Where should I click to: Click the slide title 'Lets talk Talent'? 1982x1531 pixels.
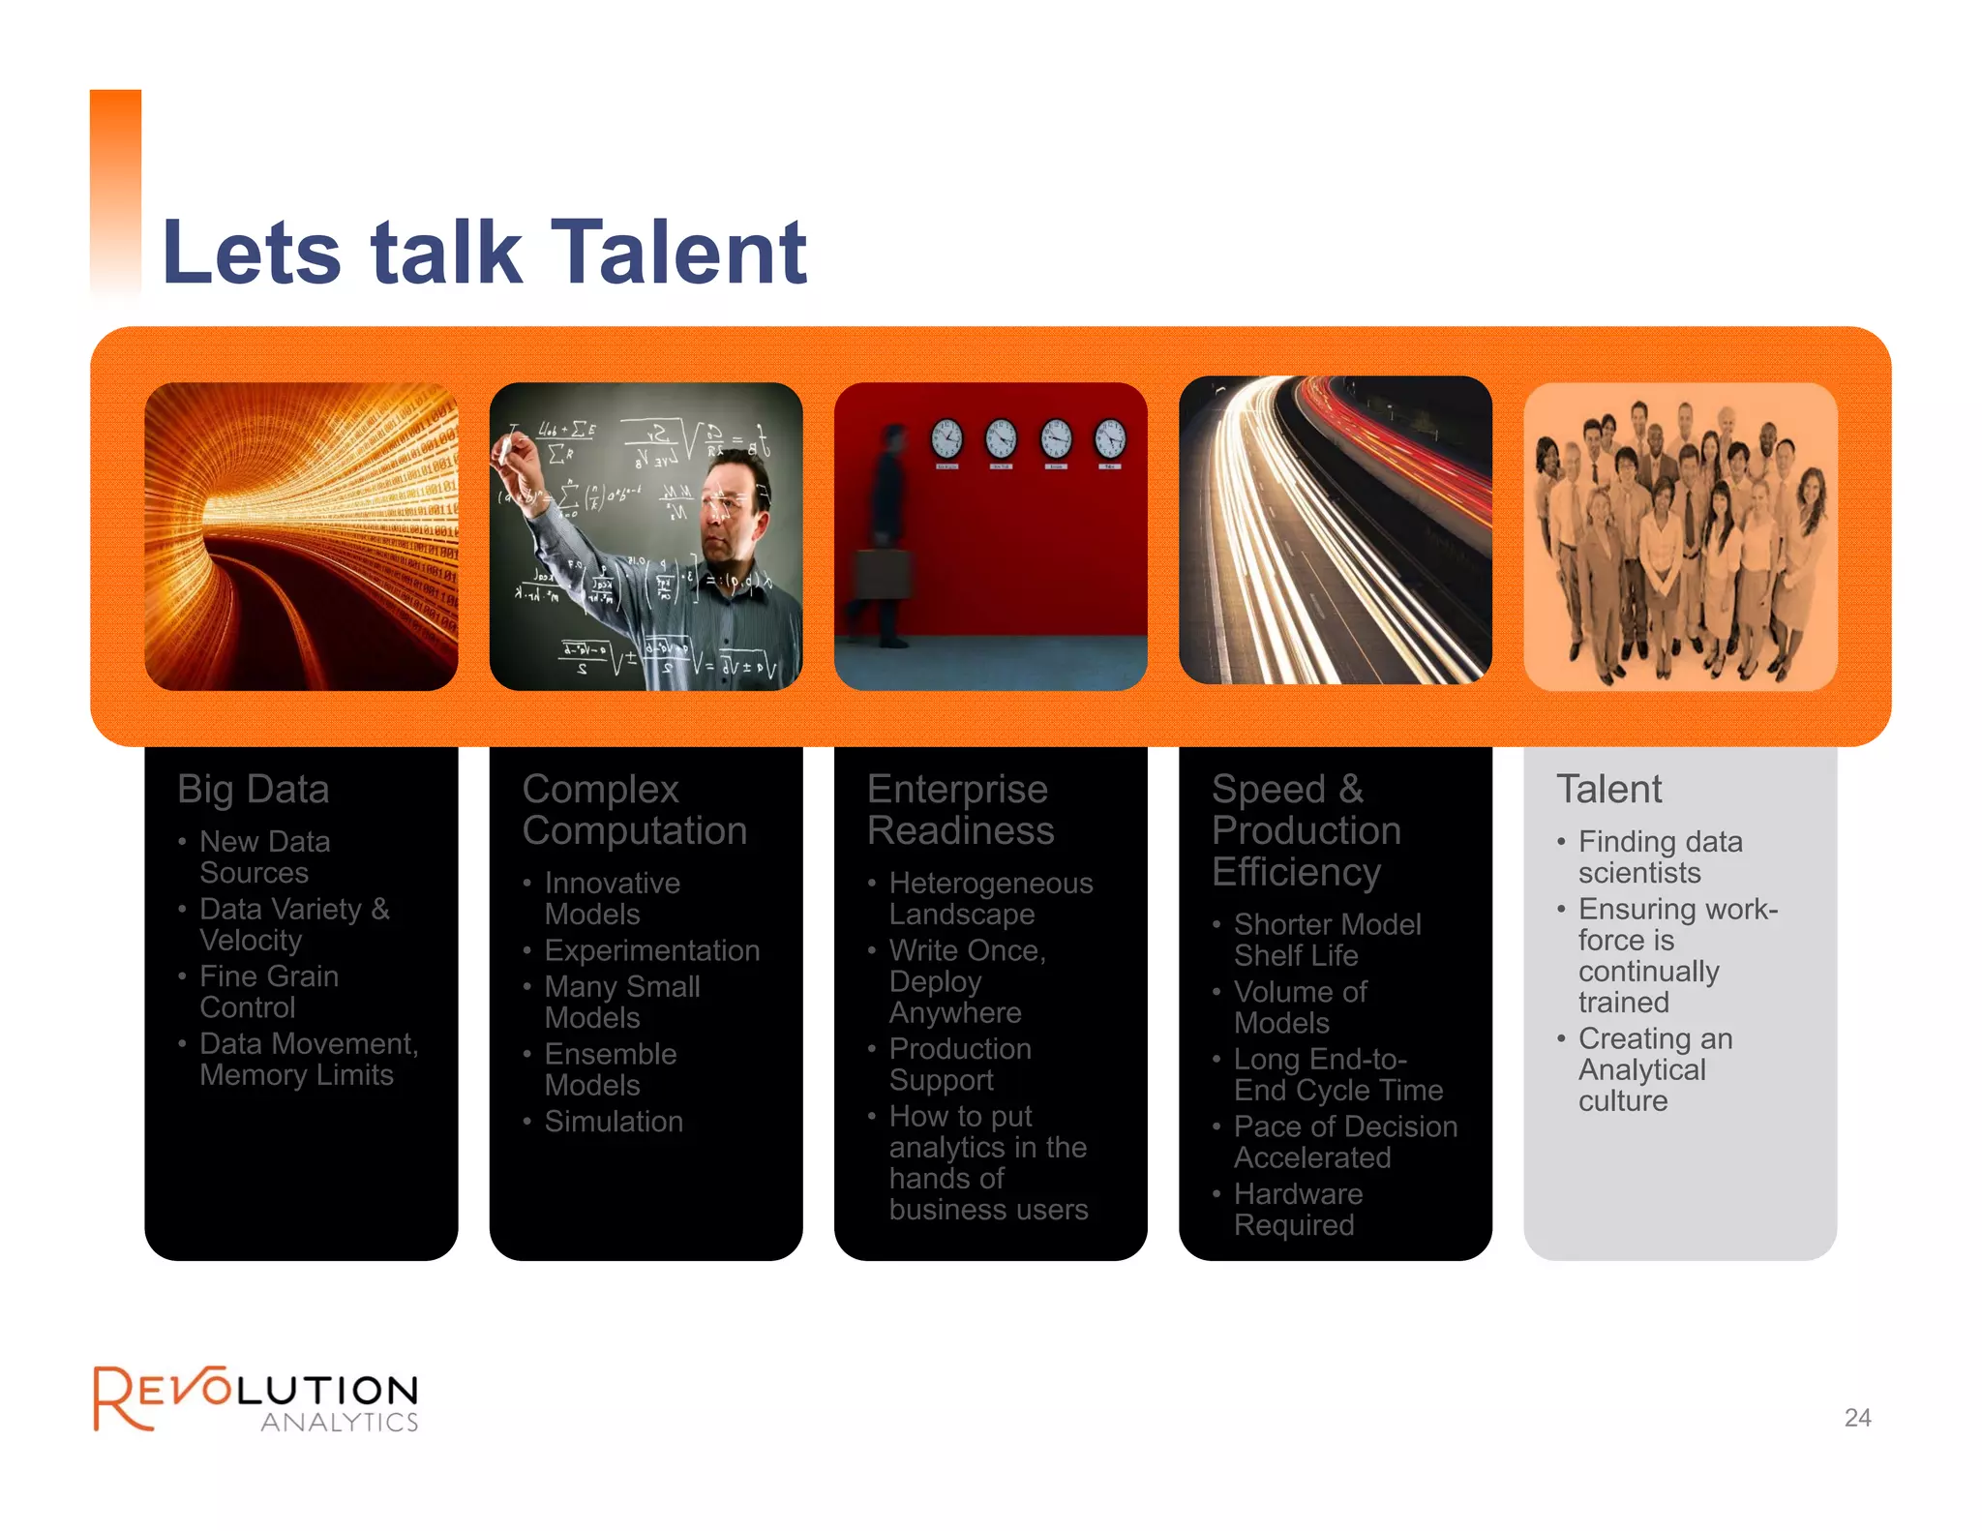(484, 253)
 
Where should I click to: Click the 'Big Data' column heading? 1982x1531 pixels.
(254, 790)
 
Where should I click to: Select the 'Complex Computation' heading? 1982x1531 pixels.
(634, 810)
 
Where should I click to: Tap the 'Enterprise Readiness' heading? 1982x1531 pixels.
(959, 810)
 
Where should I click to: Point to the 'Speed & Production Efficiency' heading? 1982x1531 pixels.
(1306, 830)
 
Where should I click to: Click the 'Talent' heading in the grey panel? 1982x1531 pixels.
(1608, 790)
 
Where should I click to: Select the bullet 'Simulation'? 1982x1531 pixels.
(614, 1122)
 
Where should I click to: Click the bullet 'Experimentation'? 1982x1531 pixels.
(651, 950)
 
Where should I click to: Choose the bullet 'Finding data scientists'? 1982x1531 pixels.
(1659, 857)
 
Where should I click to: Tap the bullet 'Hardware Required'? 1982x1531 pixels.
(1297, 1210)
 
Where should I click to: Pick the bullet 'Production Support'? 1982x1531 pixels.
(959, 1065)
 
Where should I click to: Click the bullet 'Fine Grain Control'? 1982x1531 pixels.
(268, 992)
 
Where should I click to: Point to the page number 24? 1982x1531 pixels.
(1857, 1418)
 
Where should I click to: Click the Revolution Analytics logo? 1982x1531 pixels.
(255, 1398)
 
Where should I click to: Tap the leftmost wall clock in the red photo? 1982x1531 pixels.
(946, 438)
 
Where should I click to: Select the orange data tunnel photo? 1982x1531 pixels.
(301, 536)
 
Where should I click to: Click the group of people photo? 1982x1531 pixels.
(1680, 536)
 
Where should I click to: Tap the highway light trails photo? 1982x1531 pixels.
(1336, 530)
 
